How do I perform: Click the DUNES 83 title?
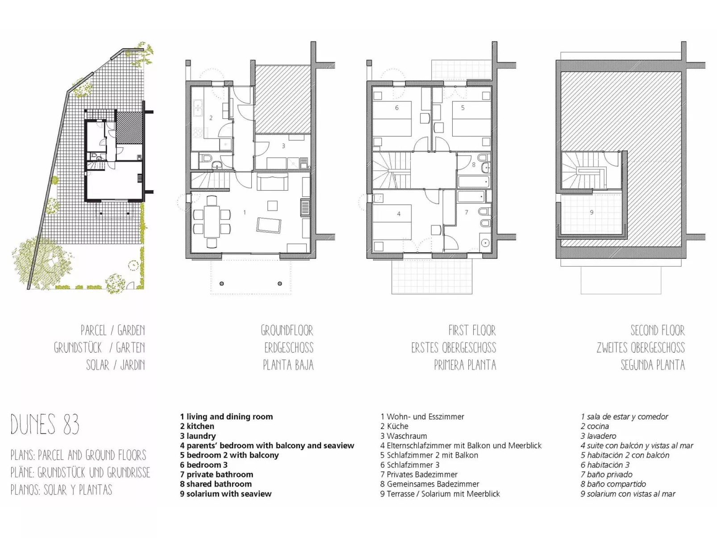click(45, 424)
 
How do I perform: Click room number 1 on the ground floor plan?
click(245, 213)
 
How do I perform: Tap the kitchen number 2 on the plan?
click(211, 118)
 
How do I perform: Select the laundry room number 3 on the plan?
click(283, 146)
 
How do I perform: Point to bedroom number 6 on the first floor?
click(397, 108)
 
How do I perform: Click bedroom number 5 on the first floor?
click(463, 108)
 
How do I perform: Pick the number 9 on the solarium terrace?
click(592, 213)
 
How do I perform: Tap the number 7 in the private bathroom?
click(467, 213)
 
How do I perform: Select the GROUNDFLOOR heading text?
click(287, 330)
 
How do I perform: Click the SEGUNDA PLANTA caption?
click(653, 365)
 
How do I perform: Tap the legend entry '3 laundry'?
click(198, 436)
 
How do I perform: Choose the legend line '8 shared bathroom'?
click(216, 484)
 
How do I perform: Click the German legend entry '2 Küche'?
click(394, 426)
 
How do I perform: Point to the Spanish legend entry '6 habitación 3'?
click(605, 464)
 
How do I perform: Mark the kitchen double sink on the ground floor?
click(197, 108)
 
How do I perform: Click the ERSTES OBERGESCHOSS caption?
click(454, 347)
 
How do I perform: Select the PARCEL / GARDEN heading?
click(113, 330)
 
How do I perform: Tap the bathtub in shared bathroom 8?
click(474, 182)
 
